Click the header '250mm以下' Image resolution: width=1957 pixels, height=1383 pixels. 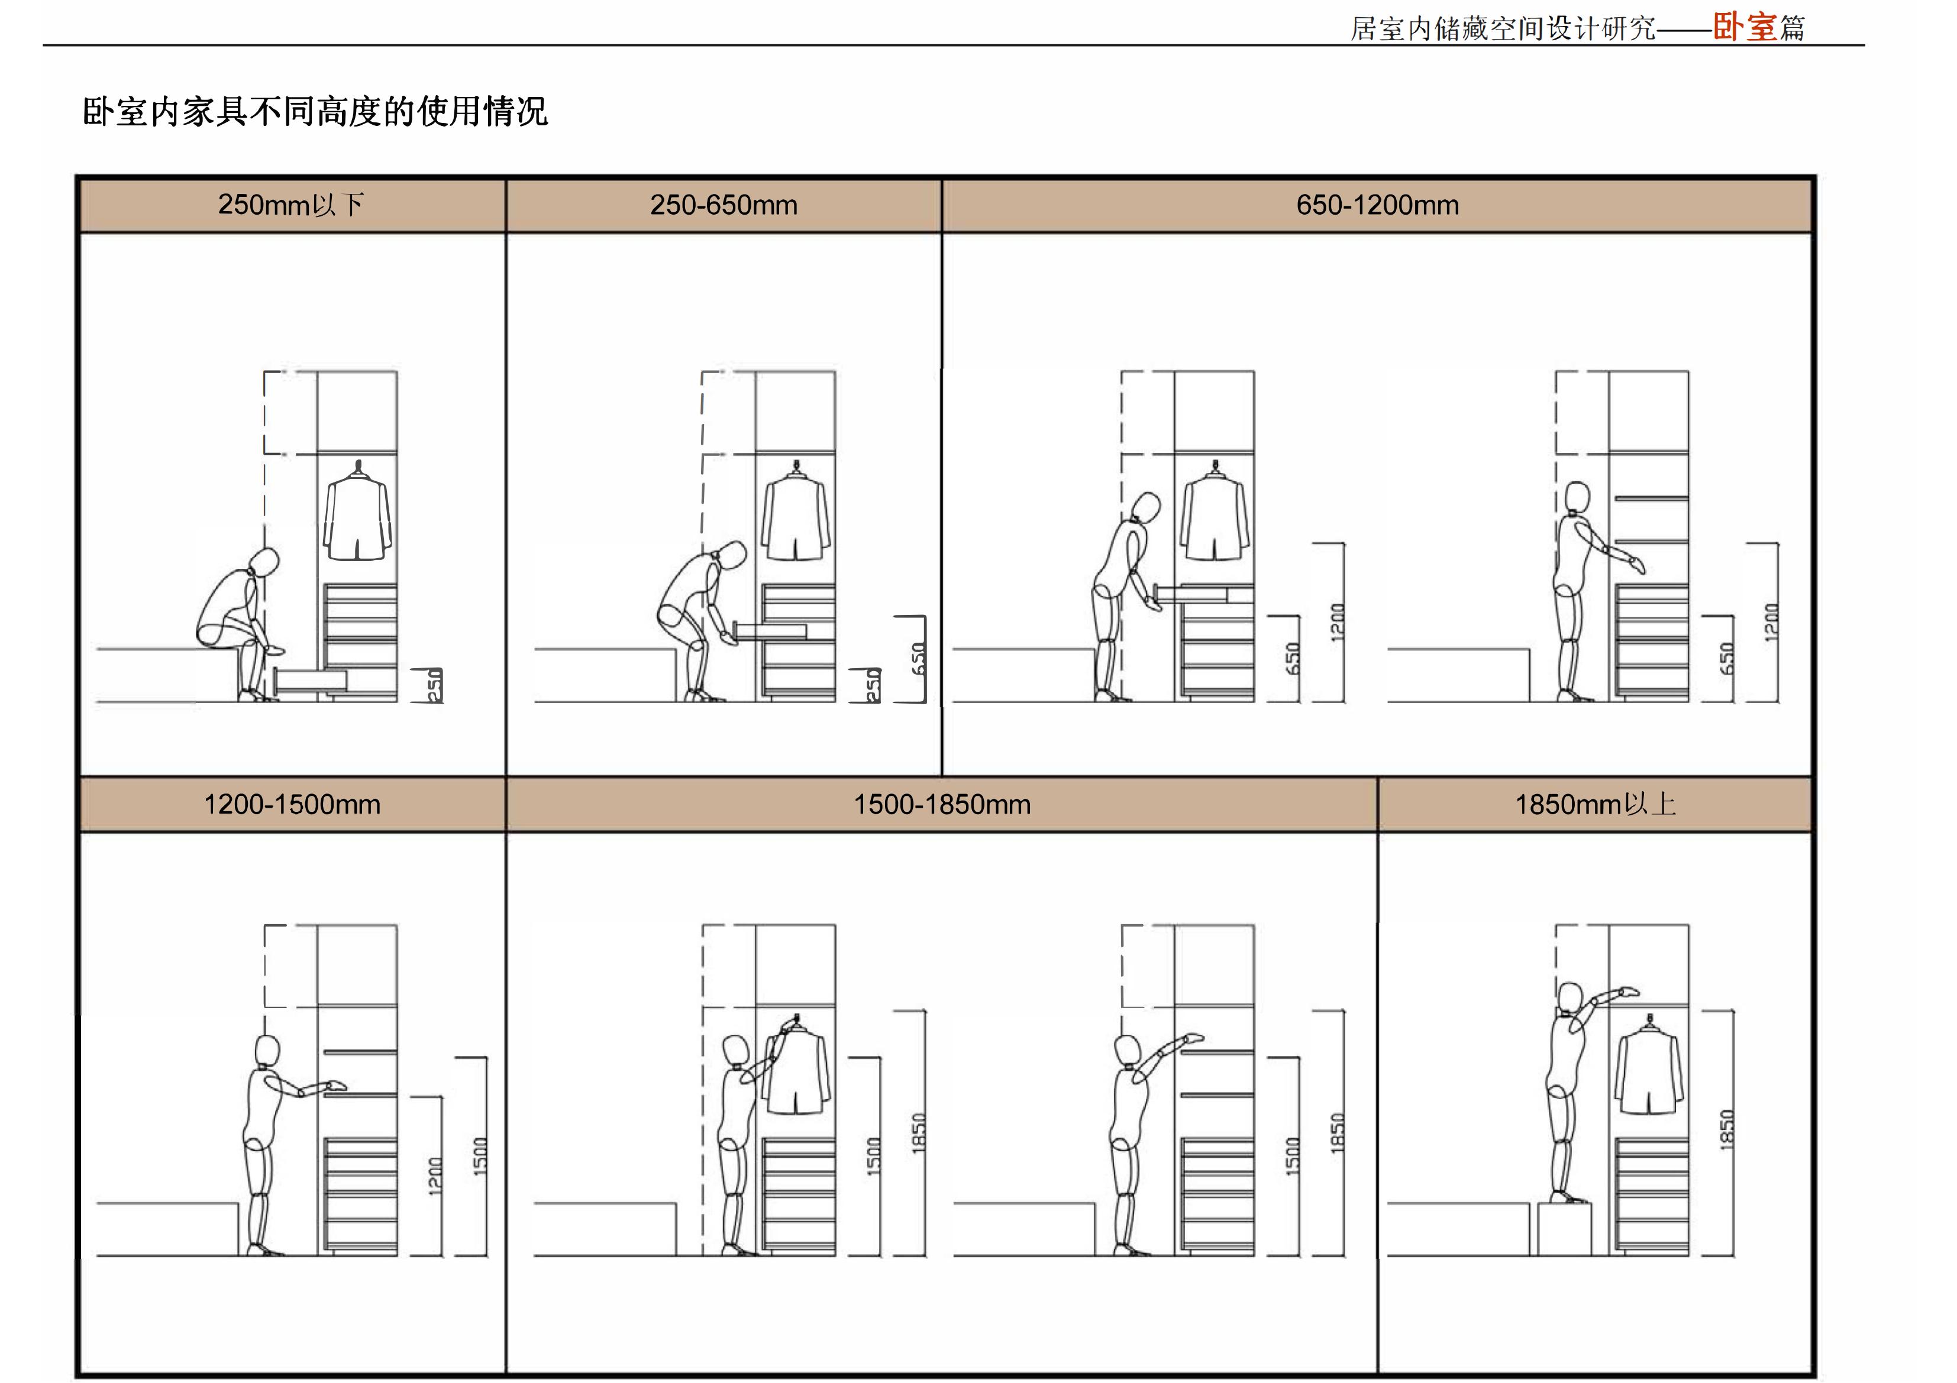click(292, 205)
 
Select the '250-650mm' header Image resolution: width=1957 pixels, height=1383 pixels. click(724, 205)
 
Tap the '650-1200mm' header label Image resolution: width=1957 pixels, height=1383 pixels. click(1377, 205)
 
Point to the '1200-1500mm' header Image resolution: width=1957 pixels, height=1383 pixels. click(292, 804)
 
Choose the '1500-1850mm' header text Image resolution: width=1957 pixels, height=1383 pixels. click(942, 804)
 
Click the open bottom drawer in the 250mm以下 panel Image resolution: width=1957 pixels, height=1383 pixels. click(311, 679)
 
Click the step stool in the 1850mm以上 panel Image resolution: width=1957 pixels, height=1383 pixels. click(1564, 1229)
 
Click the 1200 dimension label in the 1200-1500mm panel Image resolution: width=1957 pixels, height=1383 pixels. click(435, 1176)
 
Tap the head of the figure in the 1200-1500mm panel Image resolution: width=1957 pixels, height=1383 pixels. click(267, 1050)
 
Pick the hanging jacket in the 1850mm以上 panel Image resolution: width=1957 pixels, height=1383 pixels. click(1650, 1070)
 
